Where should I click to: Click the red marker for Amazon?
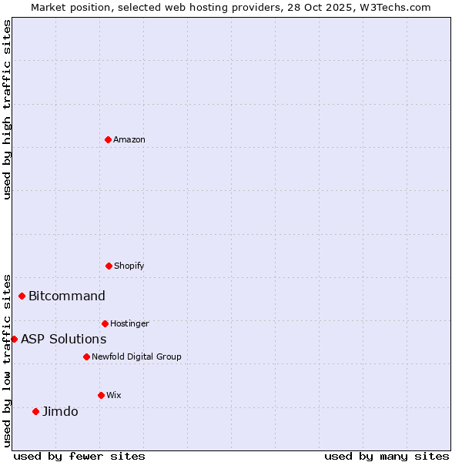click(108, 139)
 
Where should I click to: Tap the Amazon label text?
click(129, 140)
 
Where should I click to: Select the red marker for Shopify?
click(109, 266)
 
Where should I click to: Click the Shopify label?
click(129, 266)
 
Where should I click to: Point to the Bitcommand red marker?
click(22, 296)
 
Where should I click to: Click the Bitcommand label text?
click(67, 296)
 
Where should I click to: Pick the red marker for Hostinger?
click(105, 323)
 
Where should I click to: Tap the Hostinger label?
click(129, 324)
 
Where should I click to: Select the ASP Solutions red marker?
click(14, 339)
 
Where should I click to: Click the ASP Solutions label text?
click(63, 340)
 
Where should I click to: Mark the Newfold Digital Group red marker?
click(86, 357)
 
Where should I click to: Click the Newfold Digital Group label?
click(136, 357)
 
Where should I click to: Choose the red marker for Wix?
click(101, 395)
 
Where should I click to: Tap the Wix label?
click(114, 396)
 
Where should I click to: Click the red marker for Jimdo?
click(35, 411)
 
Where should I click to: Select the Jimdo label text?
click(60, 412)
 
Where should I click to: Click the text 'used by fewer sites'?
click(79, 457)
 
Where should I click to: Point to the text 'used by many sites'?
click(387, 457)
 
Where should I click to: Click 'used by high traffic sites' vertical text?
click(7, 109)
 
